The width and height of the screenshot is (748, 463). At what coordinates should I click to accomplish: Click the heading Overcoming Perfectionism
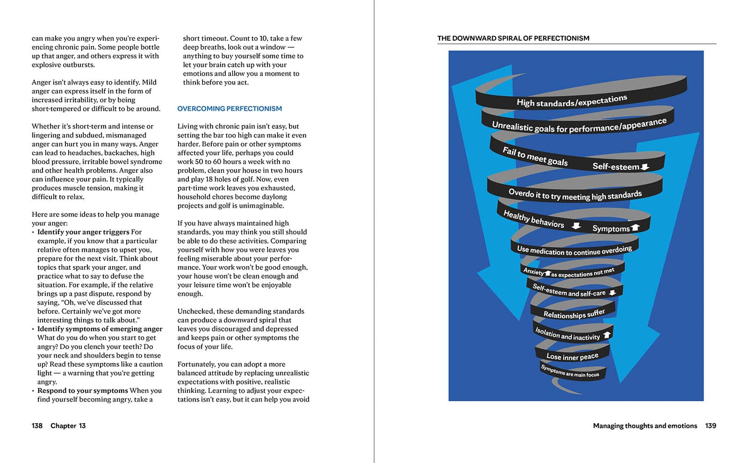point(230,109)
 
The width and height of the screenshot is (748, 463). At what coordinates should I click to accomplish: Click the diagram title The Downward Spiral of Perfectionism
point(513,38)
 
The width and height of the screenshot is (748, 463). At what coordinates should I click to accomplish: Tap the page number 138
point(37,426)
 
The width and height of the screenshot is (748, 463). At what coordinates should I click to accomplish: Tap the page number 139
point(711,426)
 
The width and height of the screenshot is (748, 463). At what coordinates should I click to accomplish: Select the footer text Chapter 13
point(68,426)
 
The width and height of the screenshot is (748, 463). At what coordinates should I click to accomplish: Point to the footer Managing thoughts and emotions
point(645,426)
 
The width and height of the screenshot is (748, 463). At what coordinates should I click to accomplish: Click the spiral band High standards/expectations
point(572,101)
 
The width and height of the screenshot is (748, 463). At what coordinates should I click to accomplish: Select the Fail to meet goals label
point(535,156)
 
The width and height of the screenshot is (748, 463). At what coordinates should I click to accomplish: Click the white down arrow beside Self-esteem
point(645,166)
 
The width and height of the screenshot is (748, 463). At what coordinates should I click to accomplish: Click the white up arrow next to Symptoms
point(635,228)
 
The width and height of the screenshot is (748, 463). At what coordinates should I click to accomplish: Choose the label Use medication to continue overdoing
point(574,251)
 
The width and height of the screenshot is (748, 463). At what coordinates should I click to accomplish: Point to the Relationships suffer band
point(574,314)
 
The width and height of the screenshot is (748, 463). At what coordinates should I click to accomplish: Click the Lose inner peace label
point(572,356)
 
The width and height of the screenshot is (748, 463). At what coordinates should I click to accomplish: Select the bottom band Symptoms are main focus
point(570,371)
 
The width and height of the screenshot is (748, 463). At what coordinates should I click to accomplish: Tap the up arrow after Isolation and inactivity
point(607,335)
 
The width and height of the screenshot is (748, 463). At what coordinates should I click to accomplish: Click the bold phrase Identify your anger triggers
point(83,232)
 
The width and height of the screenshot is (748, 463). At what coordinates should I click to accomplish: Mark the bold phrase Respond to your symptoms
point(83,391)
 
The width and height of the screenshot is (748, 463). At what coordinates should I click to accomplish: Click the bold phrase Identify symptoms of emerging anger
point(100,329)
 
